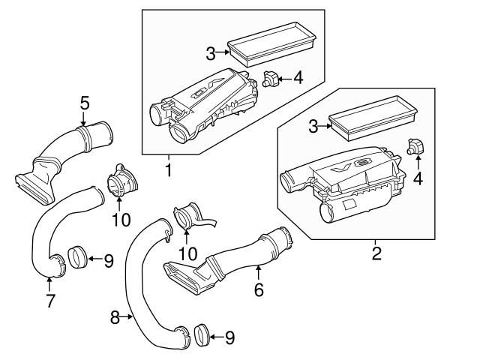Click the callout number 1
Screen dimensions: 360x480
tap(169, 171)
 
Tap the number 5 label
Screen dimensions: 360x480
tap(85, 103)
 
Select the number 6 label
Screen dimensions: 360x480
tap(259, 289)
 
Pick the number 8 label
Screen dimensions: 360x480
tap(115, 318)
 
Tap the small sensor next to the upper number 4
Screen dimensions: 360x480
tap(271, 78)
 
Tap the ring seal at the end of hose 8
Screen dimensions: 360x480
tap(200, 336)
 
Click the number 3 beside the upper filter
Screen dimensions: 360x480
tap(211, 52)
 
